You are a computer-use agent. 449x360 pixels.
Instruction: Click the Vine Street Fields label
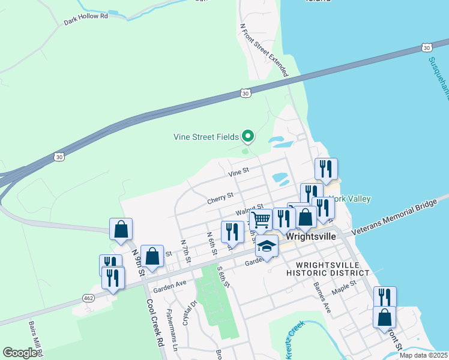206,137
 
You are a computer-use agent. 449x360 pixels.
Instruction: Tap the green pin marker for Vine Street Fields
247,136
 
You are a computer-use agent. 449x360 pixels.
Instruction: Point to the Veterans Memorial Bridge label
394,216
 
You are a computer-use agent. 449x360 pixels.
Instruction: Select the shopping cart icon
261,220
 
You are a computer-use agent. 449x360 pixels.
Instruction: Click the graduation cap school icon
267,245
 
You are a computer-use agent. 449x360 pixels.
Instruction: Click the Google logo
20,353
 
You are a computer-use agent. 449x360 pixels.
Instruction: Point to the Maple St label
345,285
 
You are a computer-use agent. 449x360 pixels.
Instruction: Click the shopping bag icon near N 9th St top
121,229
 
